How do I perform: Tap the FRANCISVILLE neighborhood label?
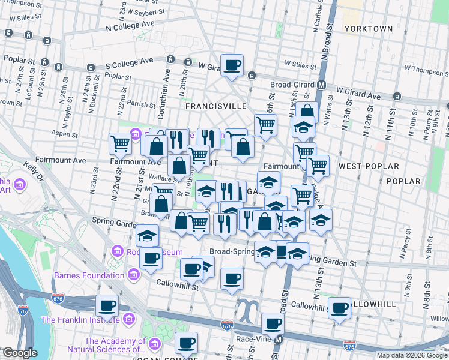(x=216, y=106)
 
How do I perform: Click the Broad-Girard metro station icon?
(x=322, y=85)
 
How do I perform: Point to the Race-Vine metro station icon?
(x=278, y=340)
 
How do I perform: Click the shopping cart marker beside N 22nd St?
(x=120, y=144)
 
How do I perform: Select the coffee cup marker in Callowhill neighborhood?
(x=339, y=308)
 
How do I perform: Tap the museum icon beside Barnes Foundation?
(x=133, y=276)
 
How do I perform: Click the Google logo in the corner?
(x=20, y=353)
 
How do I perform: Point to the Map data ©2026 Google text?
(x=411, y=355)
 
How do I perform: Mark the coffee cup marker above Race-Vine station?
(x=272, y=325)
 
